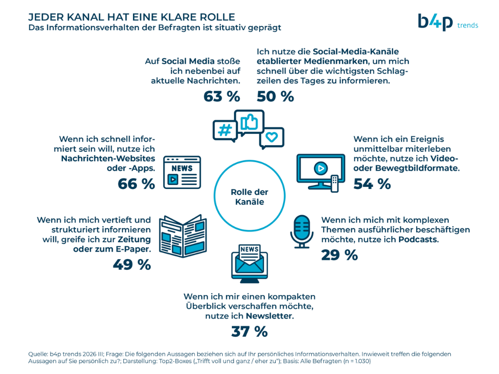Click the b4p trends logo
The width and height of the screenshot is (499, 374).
(x=448, y=22)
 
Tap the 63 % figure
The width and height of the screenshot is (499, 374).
(x=222, y=97)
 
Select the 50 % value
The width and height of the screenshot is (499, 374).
(x=275, y=97)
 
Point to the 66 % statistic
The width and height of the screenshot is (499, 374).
(x=136, y=184)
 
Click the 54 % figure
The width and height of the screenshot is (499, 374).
(x=372, y=184)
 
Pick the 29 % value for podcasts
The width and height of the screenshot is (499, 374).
(x=340, y=255)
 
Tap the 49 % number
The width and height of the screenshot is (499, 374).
(x=132, y=264)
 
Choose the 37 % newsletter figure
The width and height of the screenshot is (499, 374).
(x=249, y=332)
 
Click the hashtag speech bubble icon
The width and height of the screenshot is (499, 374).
(x=225, y=131)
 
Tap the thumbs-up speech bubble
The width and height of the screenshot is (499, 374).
(x=249, y=122)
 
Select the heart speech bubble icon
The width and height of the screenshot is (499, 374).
(x=271, y=138)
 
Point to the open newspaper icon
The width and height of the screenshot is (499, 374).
(x=183, y=236)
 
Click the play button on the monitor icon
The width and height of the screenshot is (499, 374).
(x=321, y=168)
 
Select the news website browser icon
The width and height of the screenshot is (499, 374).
(x=182, y=172)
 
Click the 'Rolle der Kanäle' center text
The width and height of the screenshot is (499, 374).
(x=249, y=197)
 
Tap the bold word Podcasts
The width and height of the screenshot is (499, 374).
(x=418, y=240)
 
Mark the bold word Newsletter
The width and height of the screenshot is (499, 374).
(x=269, y=316)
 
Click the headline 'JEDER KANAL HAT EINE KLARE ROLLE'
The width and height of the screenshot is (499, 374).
(x=132, y=17)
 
